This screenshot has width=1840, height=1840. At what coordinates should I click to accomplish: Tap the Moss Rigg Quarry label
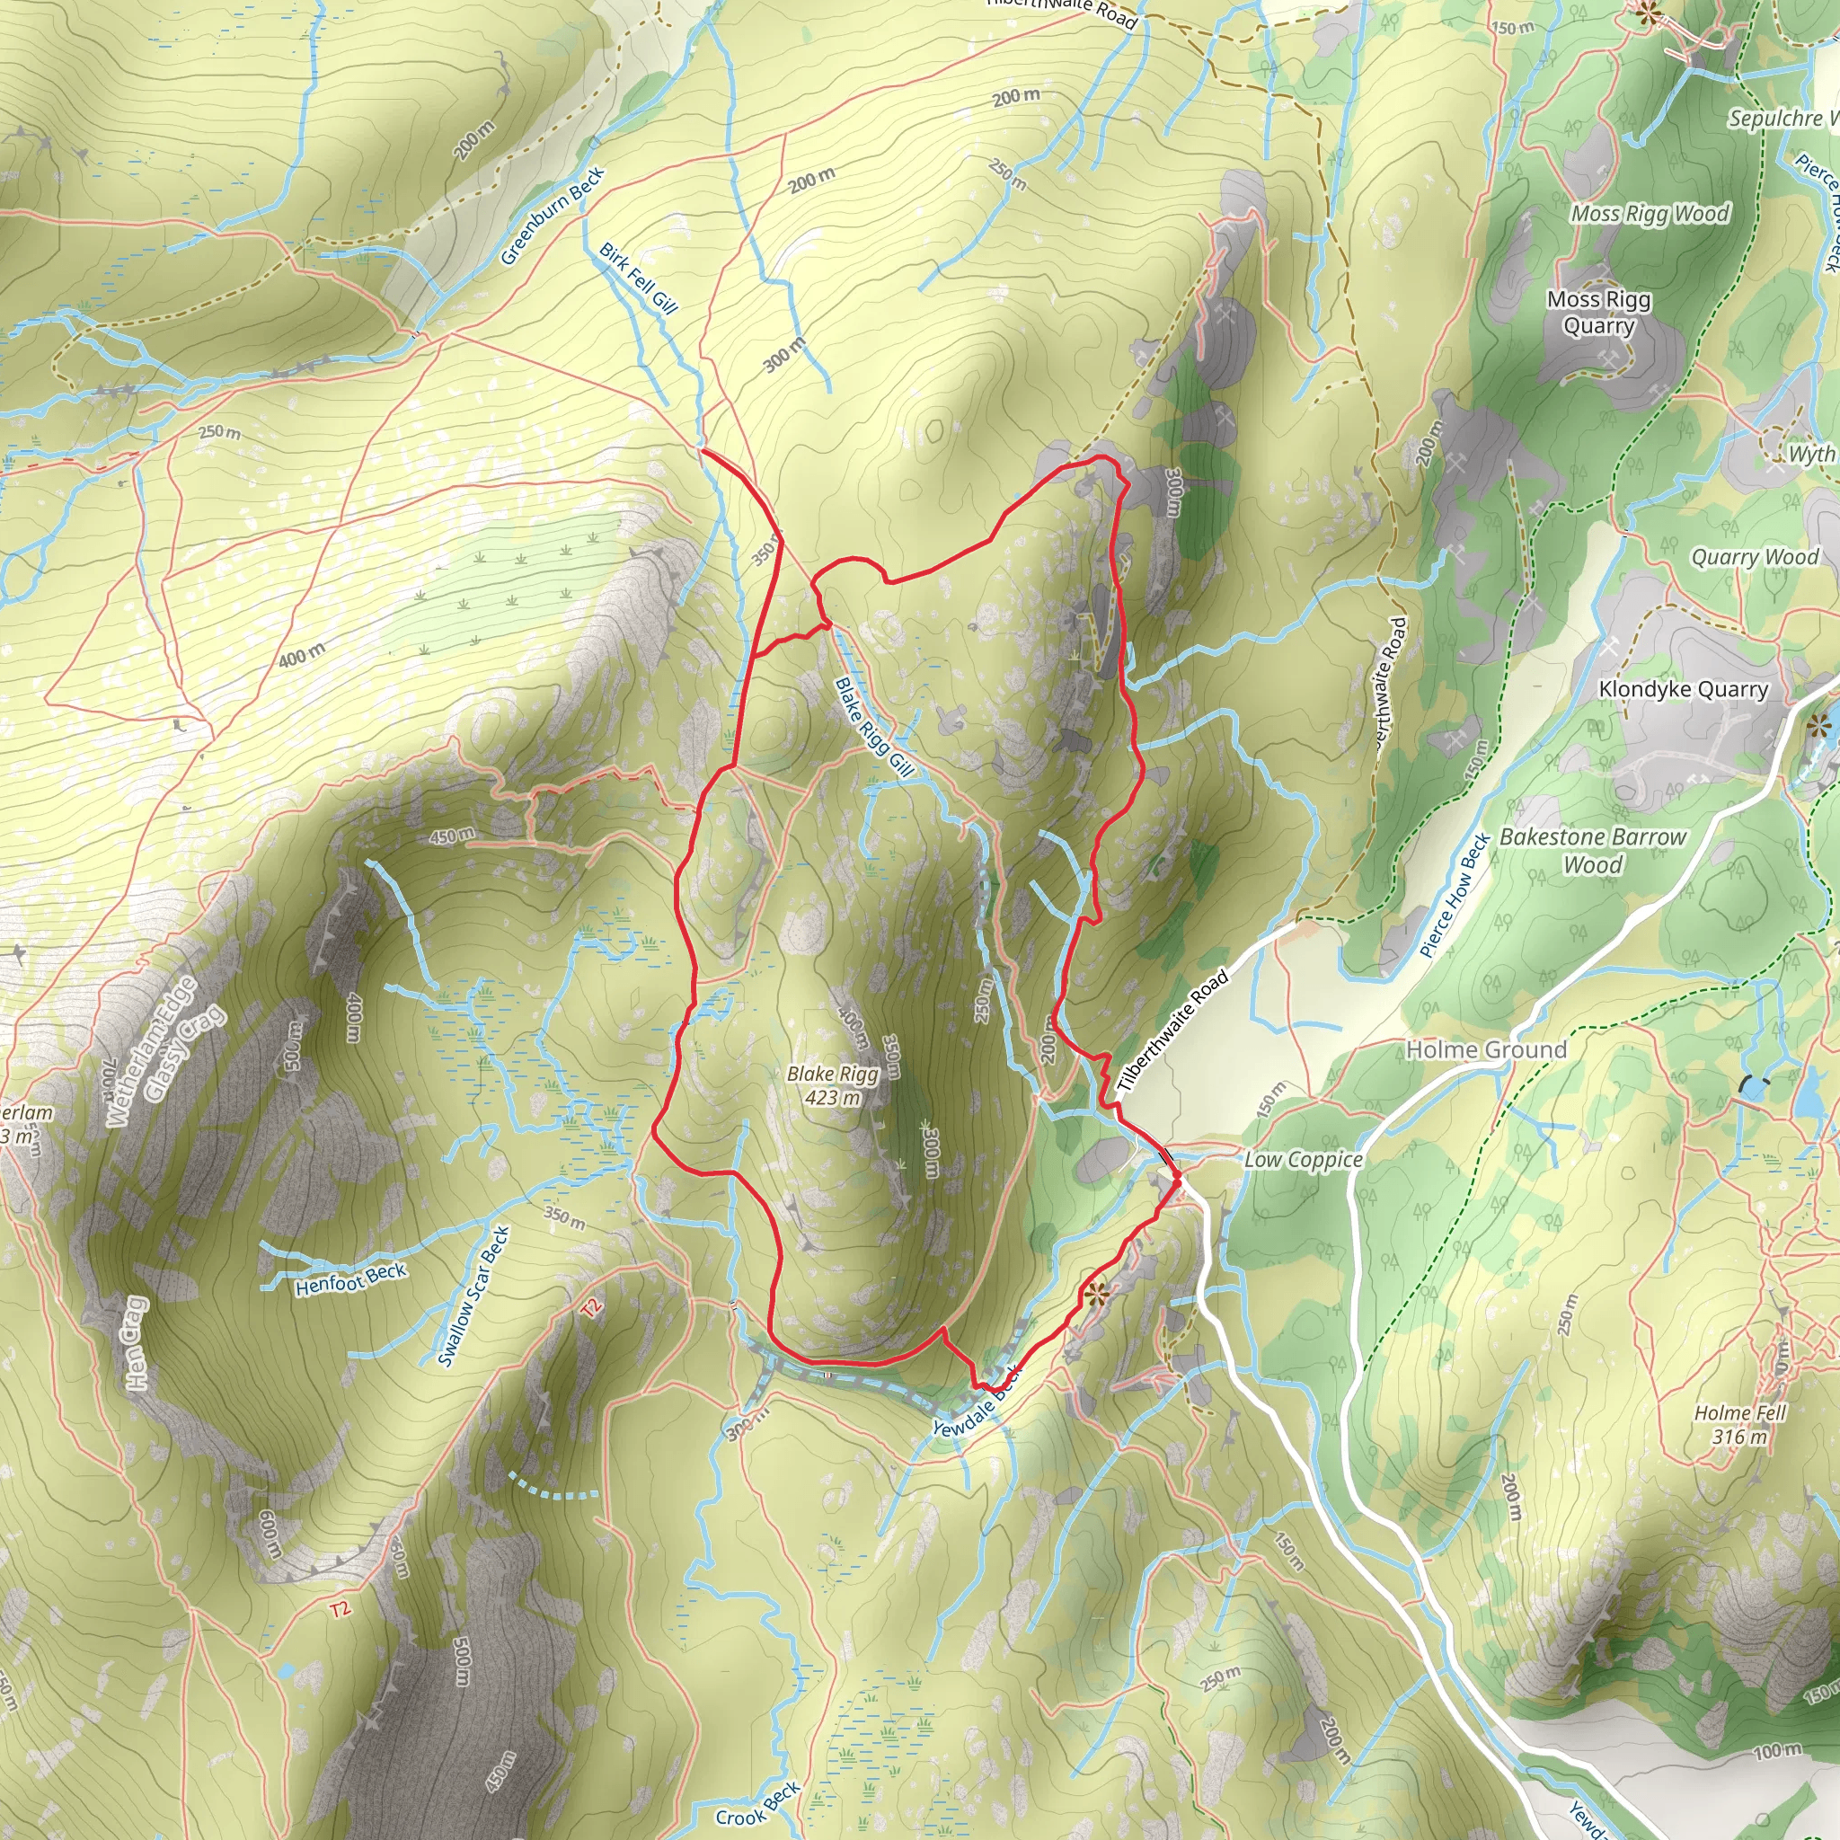click(x=1599, y=313)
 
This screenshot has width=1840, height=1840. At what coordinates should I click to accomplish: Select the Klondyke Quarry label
click(x=1683, y=688)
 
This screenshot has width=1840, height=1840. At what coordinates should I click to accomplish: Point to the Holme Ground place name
click(x=1486, y=1049)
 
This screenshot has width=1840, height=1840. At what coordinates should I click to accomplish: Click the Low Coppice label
click(x=1303, y=1159)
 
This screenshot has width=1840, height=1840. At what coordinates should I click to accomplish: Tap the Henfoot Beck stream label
click(x=350, y=1279)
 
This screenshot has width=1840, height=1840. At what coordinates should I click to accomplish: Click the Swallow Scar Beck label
click(x=473, y=1296)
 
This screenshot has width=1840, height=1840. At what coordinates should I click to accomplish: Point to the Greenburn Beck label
click(x=553, y=217)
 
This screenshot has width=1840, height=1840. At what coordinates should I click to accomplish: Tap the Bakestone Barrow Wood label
click(x=1592, y=851)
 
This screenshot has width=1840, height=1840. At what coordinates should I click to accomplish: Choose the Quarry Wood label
click(x=1755, y=557)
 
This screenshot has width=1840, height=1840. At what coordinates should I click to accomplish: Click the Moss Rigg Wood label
click(x=1650, y=213)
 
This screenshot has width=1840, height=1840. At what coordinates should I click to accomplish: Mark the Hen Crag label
click(x=137, y=1343)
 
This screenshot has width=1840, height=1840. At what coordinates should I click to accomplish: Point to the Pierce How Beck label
click(x=1455, y=894)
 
